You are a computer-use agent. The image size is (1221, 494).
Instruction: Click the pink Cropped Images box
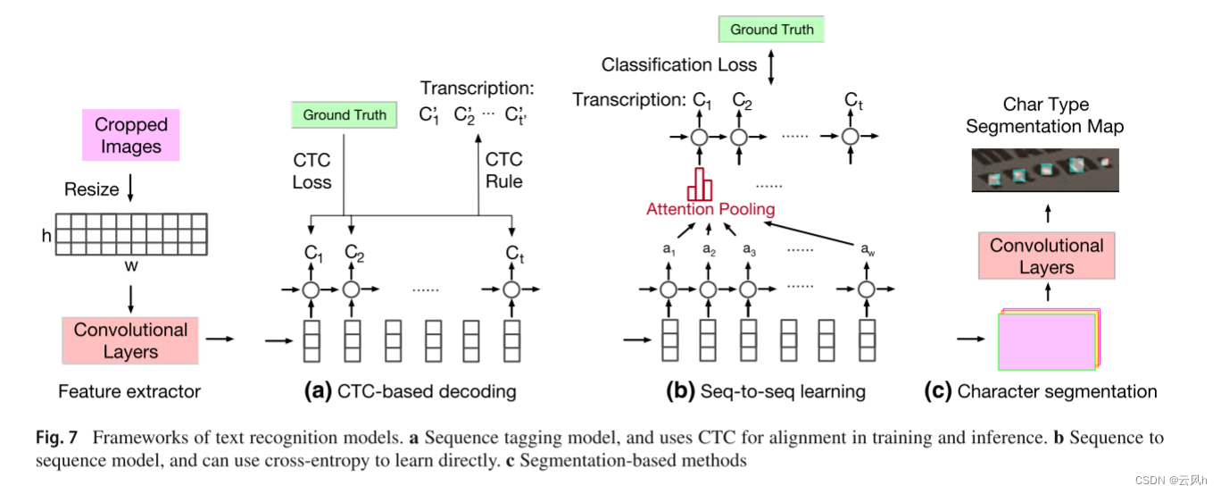130,135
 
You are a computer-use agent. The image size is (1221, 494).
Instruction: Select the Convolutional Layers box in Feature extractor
130,340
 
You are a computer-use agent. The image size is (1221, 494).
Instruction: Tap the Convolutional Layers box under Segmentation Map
1046,256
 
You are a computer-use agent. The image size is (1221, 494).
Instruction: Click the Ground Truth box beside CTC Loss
345,114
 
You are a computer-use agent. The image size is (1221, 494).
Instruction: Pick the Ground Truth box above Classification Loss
771,29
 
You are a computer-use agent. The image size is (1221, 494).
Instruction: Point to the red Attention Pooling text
711,209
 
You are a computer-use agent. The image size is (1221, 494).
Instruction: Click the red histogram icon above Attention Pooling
700,185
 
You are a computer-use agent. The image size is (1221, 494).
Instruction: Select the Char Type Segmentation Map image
1045,171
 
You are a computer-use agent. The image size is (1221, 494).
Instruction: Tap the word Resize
91,189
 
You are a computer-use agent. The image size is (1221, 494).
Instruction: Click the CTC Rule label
503,171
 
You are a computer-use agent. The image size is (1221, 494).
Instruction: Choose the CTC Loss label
311,171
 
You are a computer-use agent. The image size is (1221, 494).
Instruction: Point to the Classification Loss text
678,64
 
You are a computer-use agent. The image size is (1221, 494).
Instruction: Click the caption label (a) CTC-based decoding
410,390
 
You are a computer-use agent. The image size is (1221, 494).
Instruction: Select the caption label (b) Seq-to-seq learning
766,390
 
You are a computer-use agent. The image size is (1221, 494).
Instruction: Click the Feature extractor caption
129,390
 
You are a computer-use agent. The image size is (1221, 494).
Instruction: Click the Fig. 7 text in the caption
56,438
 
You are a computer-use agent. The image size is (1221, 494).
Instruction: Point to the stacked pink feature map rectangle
1045,339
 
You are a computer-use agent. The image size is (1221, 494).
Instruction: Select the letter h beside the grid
46,236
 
